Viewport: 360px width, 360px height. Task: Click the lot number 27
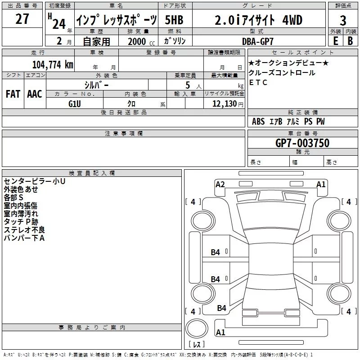click(x=22, y=19)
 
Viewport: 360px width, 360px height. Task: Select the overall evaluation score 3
click(x=343, y=21)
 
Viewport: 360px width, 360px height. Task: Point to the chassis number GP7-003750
click(x=302, y=143)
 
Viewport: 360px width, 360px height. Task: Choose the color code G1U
click(x=74, y=103)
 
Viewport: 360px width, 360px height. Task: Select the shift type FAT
click(x=13, y=94)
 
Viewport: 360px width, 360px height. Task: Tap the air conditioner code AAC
click(x=35, y=94)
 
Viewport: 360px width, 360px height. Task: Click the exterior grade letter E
click(x=335, y=41)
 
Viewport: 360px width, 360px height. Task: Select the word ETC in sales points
click(x=258, y=82)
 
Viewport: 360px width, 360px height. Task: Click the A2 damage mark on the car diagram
click(x=220, y=184)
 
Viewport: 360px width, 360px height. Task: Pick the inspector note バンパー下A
click(x=24, y=238)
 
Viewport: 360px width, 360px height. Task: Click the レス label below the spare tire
click(x=197, y=345)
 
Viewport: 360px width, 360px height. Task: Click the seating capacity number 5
click(x=193, y=85)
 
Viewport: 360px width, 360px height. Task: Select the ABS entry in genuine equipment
click(x=258, y=121)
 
